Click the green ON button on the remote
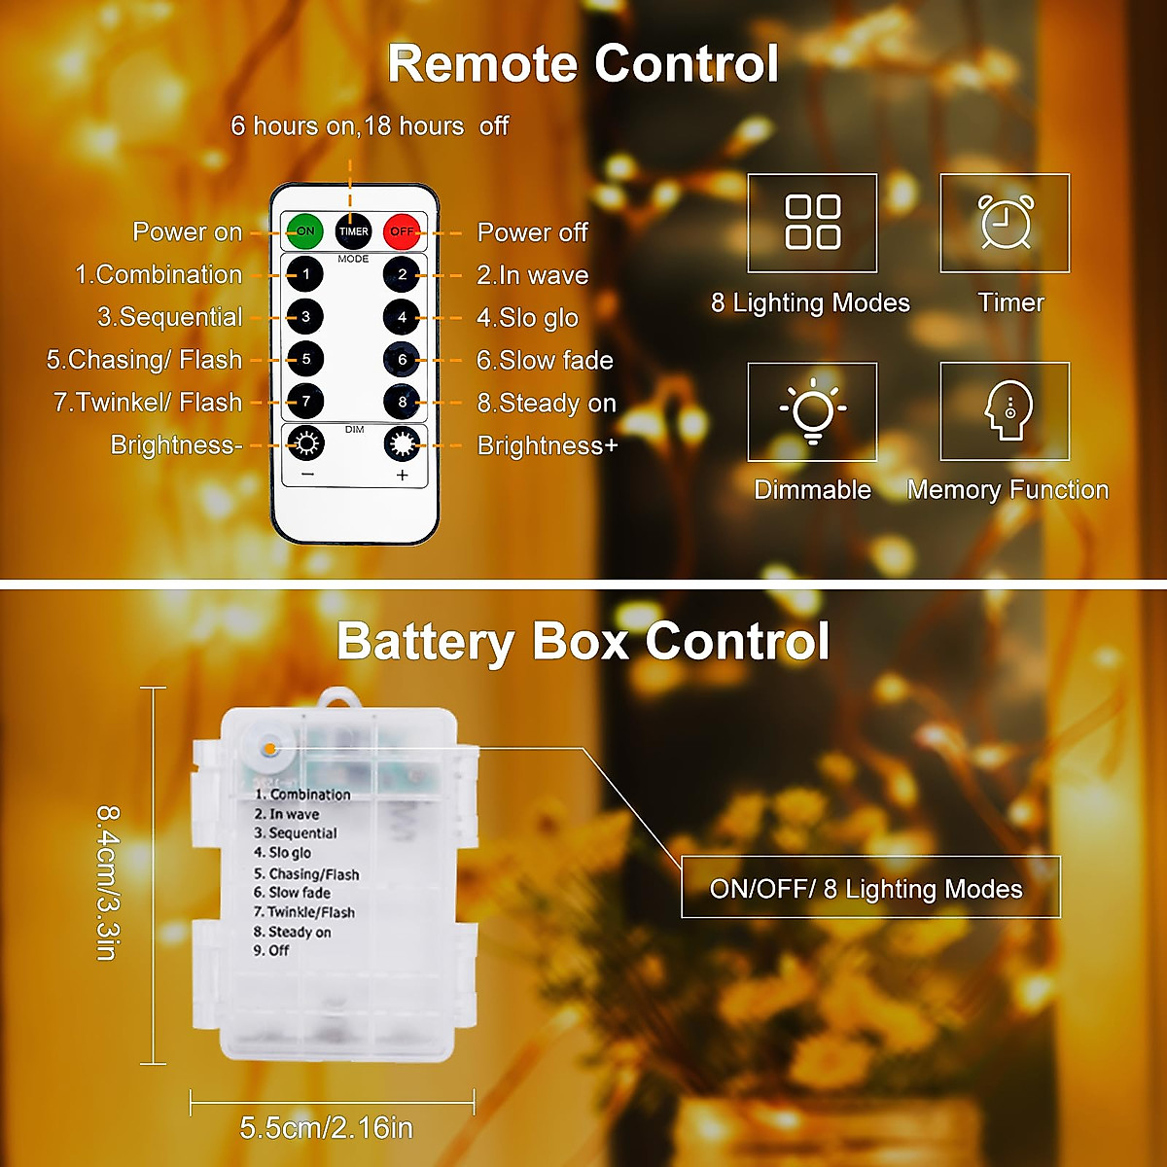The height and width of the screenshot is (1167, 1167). tap(305, 231)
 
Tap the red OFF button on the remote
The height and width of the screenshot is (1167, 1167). tap(402, 231)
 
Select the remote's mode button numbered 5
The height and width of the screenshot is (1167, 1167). tap(305, 360)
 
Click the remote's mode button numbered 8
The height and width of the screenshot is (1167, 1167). tap(402, 402)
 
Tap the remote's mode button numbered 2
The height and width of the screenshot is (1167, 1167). tap(402, 274)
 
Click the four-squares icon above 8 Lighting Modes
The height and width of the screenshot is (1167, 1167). tap(812, 223)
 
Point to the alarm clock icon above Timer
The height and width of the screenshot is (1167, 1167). tap(1005, 223)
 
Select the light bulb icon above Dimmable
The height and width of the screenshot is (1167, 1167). tap(812, 411)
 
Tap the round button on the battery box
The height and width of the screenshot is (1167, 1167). tap(269, 750)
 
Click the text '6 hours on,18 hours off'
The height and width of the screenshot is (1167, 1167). tap(370, 126)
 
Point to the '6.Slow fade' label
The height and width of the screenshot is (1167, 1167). tap(545, 361)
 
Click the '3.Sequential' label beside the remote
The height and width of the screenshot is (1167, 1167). tap(170, 317)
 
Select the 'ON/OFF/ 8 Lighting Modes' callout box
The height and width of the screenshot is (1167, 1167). tap(870, 888)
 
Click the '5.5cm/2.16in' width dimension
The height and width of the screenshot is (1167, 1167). tap(327, 1128)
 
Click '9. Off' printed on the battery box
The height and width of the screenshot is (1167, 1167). tap(271, 951)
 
